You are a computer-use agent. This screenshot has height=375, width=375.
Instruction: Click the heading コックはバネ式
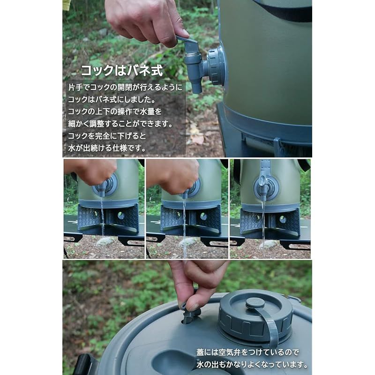[x=121, y=71]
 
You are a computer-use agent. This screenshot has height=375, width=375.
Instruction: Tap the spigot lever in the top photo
[x=188, y=44]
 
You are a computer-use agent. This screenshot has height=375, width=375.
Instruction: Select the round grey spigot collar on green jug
[x=217, y=66]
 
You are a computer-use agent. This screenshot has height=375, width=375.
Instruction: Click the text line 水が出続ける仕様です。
[x=107, y=149]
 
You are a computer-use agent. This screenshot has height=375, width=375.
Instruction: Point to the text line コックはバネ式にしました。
[x=114, y=100]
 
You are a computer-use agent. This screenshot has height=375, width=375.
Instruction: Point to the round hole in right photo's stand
[x=283, y=219]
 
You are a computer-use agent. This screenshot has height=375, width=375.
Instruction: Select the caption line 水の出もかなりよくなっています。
[x=252, y=364]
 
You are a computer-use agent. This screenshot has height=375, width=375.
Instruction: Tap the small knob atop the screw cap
[x=255, y=303]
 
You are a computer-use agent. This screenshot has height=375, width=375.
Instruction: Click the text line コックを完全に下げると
[x=107, y=136]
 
